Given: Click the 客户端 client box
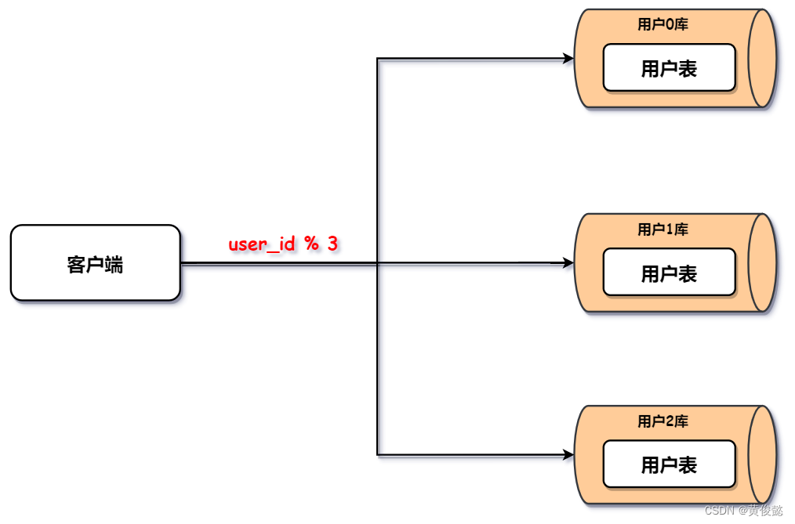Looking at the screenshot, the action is (x=96, y=262).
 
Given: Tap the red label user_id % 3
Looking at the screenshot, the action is (x=283, y=244).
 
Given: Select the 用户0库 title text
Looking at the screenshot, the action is (x=662, y=24).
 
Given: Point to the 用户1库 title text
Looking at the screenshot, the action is (x=662, y=229).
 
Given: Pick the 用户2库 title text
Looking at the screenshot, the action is (x=662, y=421).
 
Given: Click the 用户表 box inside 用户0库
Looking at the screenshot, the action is (x=670, y=68).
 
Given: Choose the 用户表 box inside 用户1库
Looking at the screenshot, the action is (x=670, y=273).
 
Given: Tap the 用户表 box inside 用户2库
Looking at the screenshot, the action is (x=670, y=464).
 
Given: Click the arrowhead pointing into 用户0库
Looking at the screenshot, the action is (x=568, y=59).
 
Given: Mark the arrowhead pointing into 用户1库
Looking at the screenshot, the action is (x=568, y=262).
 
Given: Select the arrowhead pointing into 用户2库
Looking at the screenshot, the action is (x=568, y=455).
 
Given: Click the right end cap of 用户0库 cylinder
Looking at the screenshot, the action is (x=762, y=58).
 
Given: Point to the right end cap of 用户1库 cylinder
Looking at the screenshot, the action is (x=762, y=262).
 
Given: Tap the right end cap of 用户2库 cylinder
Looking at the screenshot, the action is (x=762, y=454).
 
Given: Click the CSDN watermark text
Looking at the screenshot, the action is (x=744, y=511).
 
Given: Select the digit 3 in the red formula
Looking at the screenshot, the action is (x=332, y=244).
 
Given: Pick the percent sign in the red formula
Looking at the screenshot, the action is (x=312, y=244).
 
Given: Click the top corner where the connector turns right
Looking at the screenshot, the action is (x=378, y=59).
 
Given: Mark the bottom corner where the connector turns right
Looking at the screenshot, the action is (x=378, y=455).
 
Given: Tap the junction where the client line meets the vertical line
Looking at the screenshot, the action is (x=378, y=262).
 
